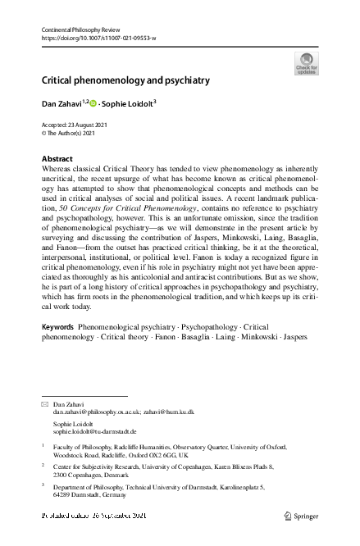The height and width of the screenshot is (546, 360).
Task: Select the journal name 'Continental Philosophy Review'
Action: click(81, 30)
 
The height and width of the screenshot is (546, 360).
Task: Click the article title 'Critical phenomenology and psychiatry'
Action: click(125, 80)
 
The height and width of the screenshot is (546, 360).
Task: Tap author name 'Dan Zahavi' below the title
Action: click(61, 103)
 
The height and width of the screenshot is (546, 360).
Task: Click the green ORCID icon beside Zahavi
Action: click(92, 103)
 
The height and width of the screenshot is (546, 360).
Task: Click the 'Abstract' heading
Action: click(57, 157)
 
